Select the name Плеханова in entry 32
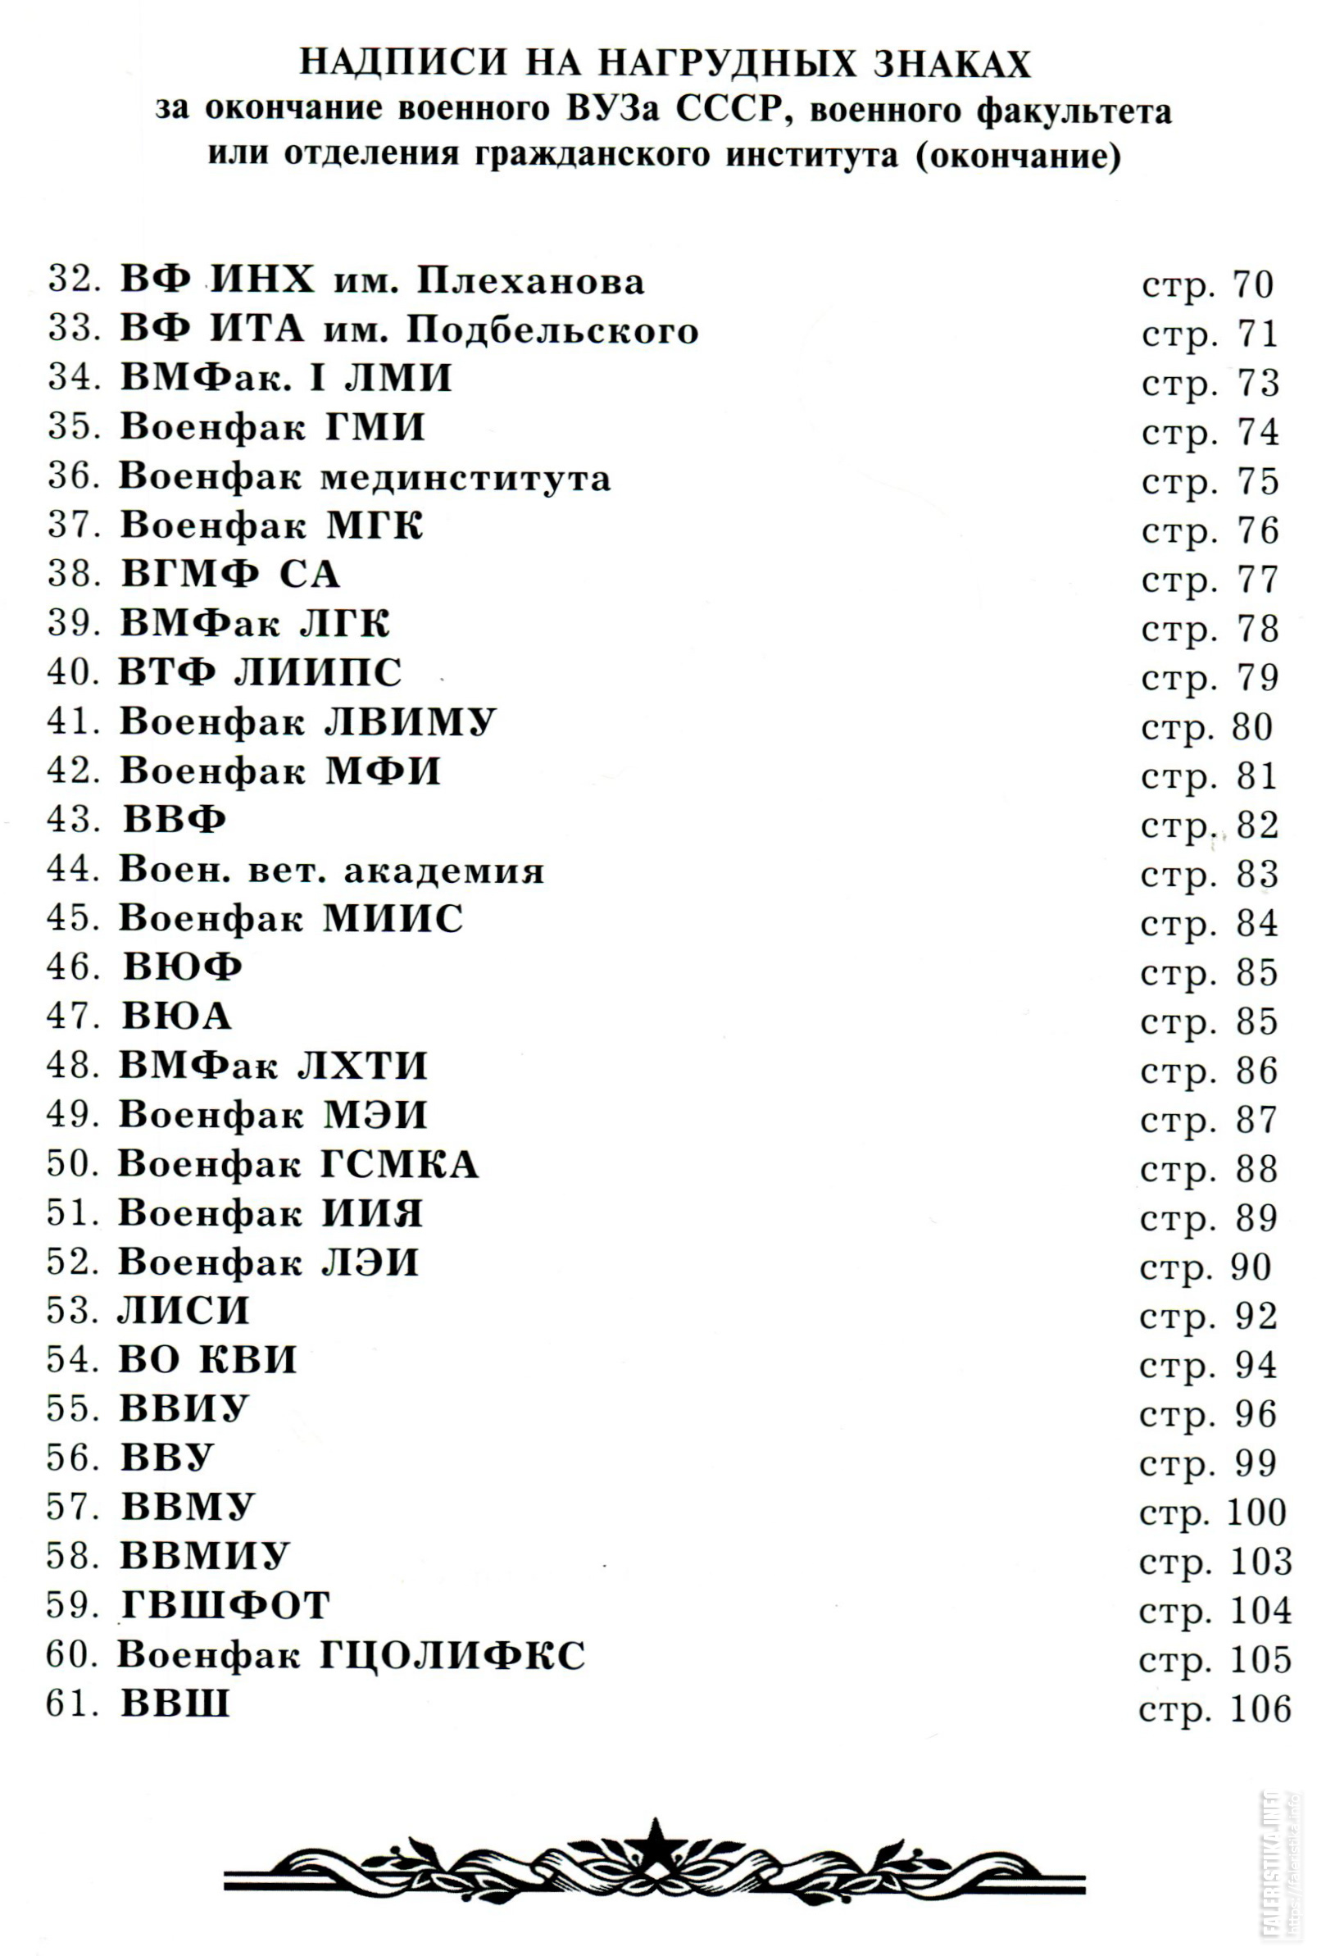tap(531, 280)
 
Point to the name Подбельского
tap(553, 330)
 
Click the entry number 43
tap(73, 820)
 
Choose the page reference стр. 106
tap(1215, 1706)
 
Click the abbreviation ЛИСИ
tap(184, 1312)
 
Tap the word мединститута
tap(466, 477)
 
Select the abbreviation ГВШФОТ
tap(225, 1606)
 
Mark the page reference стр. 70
tap(1208, 285)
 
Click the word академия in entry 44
tap(444, 870)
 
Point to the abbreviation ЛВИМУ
tap(411, 721)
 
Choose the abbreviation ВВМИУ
tap(206, 1556)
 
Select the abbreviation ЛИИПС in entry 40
tap(318, 672)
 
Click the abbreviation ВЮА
tap(177, 1017)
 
